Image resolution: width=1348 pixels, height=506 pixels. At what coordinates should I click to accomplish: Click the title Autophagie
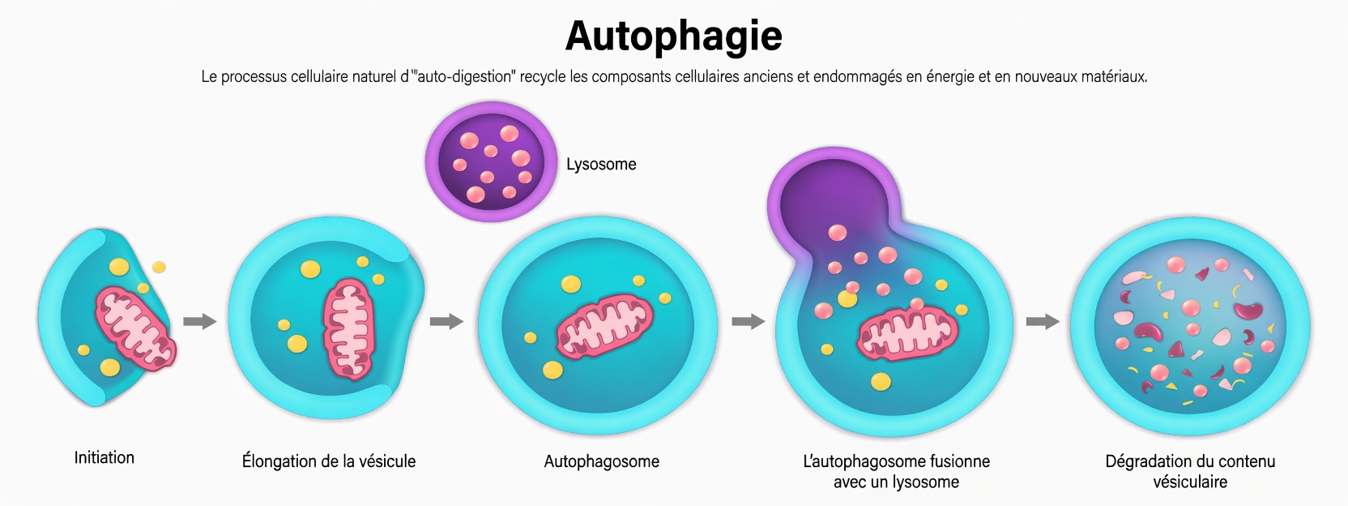[674, 36]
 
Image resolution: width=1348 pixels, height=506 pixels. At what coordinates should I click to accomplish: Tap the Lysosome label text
[601, 165]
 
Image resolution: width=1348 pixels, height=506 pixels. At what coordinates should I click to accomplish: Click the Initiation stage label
[105, 458]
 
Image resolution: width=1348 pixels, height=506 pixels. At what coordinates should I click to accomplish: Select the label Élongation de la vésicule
[329, 461]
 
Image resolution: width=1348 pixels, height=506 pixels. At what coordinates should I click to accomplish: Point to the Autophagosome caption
[601, 461]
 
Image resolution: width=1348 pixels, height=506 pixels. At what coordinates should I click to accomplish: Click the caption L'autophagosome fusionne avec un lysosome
[896, 471]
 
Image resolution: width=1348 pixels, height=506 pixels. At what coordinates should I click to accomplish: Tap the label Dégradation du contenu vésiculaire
[1190, 471]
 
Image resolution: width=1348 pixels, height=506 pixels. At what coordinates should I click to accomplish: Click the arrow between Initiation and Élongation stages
[199, 322]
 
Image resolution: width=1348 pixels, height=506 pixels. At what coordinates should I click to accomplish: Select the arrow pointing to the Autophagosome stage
[446, 322]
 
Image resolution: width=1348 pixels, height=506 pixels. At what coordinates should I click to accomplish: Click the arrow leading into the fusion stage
[748, 322]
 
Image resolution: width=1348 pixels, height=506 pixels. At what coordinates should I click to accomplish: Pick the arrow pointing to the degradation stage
[1043, 322]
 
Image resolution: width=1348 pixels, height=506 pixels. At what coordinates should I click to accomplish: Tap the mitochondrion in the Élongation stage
[349, 328]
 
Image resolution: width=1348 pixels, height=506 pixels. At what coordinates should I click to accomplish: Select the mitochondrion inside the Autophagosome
[604, 328]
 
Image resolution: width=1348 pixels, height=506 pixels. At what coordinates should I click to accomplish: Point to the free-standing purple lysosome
[490, 162]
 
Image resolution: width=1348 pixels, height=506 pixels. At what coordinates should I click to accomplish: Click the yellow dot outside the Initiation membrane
[159, 267]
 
